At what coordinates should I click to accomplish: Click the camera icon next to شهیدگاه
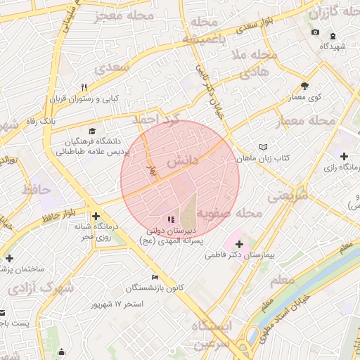coord(314,32)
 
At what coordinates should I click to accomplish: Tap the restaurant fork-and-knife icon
coord(84,87)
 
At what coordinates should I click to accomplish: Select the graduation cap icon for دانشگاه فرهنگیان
coord(91,131)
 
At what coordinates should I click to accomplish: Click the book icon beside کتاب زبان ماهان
coord(263,147)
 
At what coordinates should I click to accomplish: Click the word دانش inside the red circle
coord(182,161)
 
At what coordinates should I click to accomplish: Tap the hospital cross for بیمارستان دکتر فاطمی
coord(239,243)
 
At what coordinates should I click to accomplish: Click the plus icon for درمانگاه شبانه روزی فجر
coord(96,216)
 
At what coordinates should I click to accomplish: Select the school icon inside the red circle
coord(172,220)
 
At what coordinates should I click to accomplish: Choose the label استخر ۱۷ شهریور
coord(117,304)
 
